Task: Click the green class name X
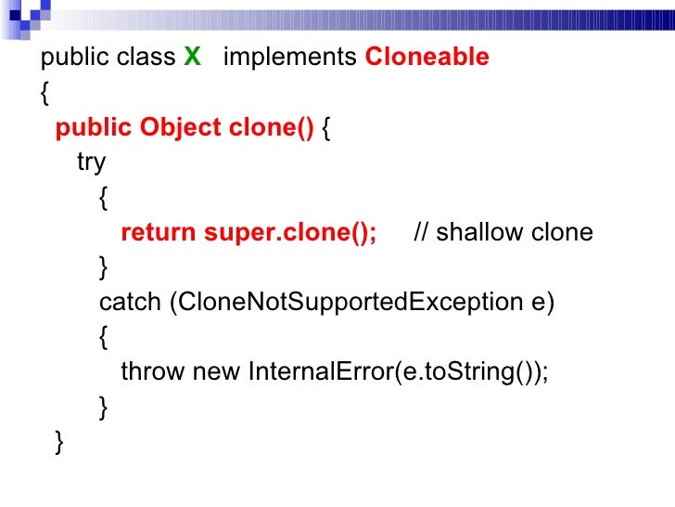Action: pos(192,58)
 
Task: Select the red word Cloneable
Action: pos(427,58)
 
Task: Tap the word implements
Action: pos(290,58)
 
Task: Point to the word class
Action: pos(146,58)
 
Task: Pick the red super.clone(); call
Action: pos(290,232)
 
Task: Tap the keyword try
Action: pos(91,162)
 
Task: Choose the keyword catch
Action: pos(131,303)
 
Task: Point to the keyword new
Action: pos(216,372)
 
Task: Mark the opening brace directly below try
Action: pos(103,198)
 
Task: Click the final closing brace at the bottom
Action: pos(60,443)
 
